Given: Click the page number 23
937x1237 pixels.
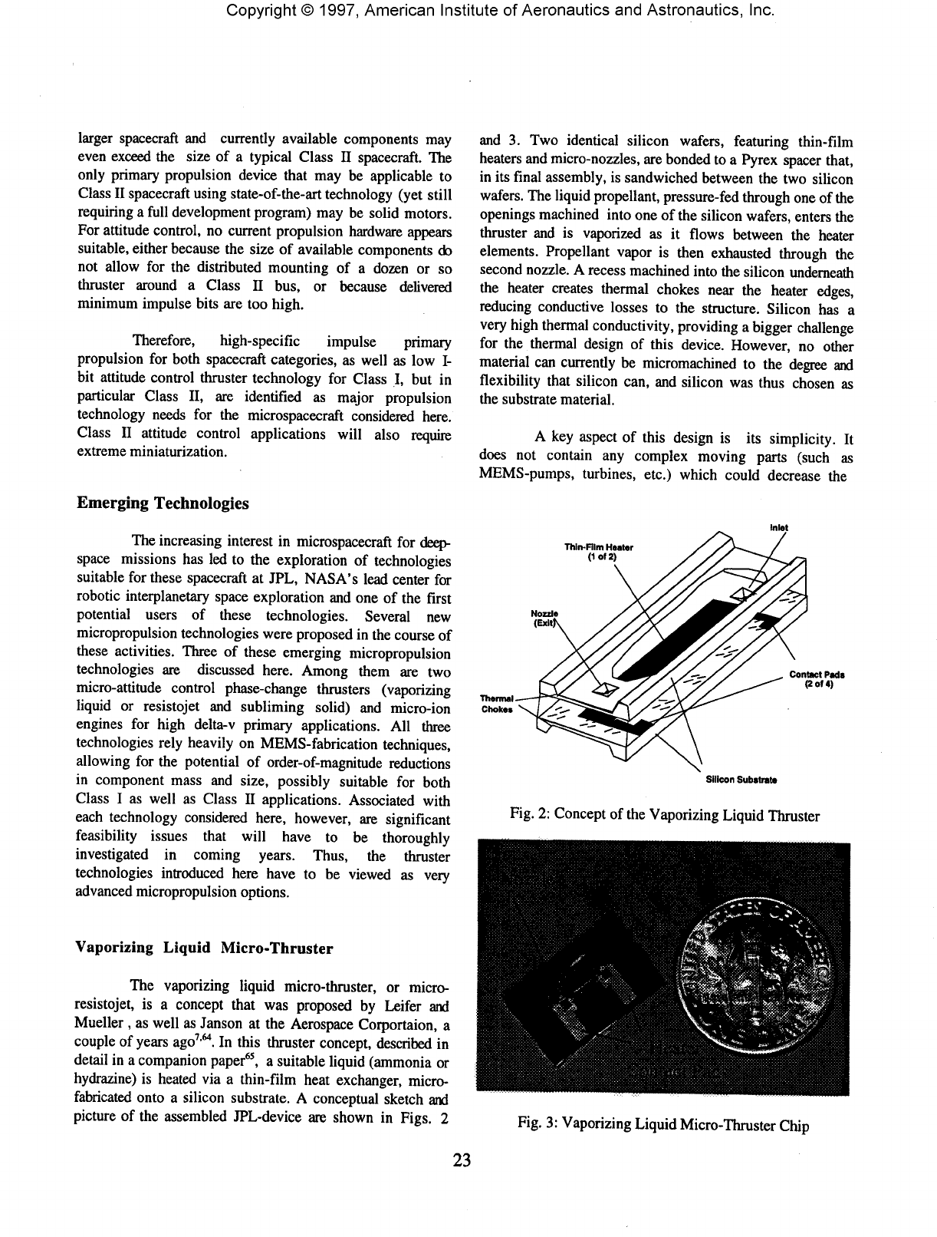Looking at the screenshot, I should [x=463, y=1159].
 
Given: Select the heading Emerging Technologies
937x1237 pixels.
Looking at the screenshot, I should [x=163, y=503].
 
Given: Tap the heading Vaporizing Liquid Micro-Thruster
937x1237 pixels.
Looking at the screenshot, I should [x=203, y=948].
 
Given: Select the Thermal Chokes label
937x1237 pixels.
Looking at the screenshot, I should [x=492, y=703].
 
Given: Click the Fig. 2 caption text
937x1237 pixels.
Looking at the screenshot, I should [x=664, y=815].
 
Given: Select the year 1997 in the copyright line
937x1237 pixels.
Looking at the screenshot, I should [x=323, y=11].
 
